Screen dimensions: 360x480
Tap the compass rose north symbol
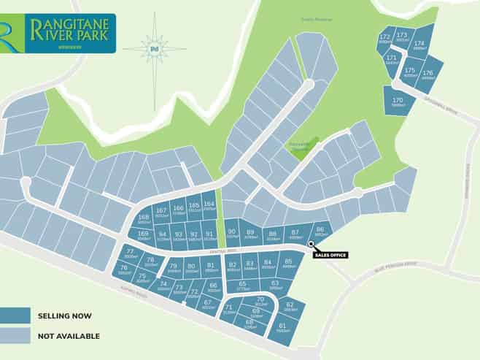(154, 49)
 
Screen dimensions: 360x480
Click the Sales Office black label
(330, 255)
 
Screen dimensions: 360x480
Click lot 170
(398, 102)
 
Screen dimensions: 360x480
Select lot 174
(419, 46)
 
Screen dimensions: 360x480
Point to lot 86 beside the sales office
(319, 231)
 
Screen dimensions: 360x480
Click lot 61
(282, 327)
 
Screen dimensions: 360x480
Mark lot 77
(131, 255)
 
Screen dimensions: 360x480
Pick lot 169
(143, 236)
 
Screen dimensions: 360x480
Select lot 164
(209, 207)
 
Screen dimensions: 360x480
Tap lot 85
(288, 264)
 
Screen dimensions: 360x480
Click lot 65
(242, 286)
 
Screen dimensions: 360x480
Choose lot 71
(228, 310)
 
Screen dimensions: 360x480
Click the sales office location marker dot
(311, 244)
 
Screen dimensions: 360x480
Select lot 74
(163, 286)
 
